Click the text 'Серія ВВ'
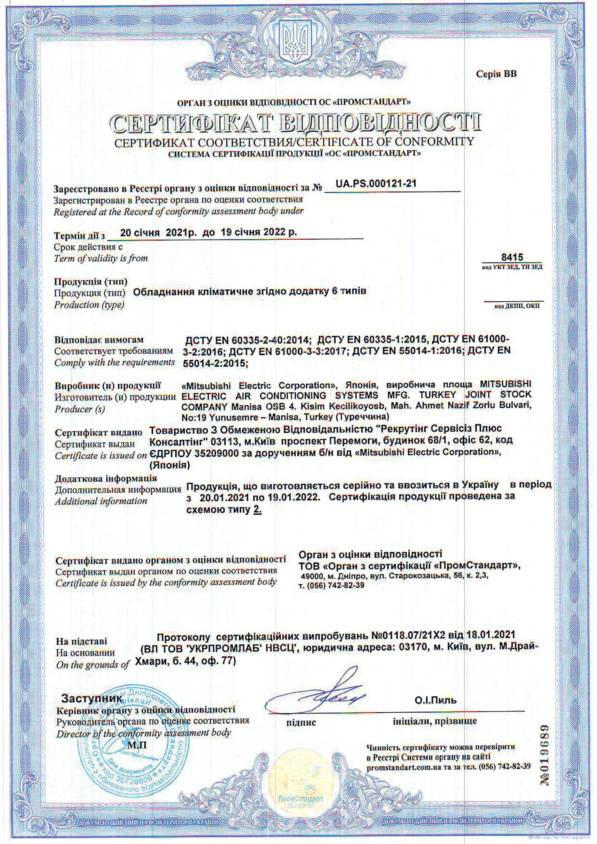point(496,74)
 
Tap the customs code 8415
point(512,257)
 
